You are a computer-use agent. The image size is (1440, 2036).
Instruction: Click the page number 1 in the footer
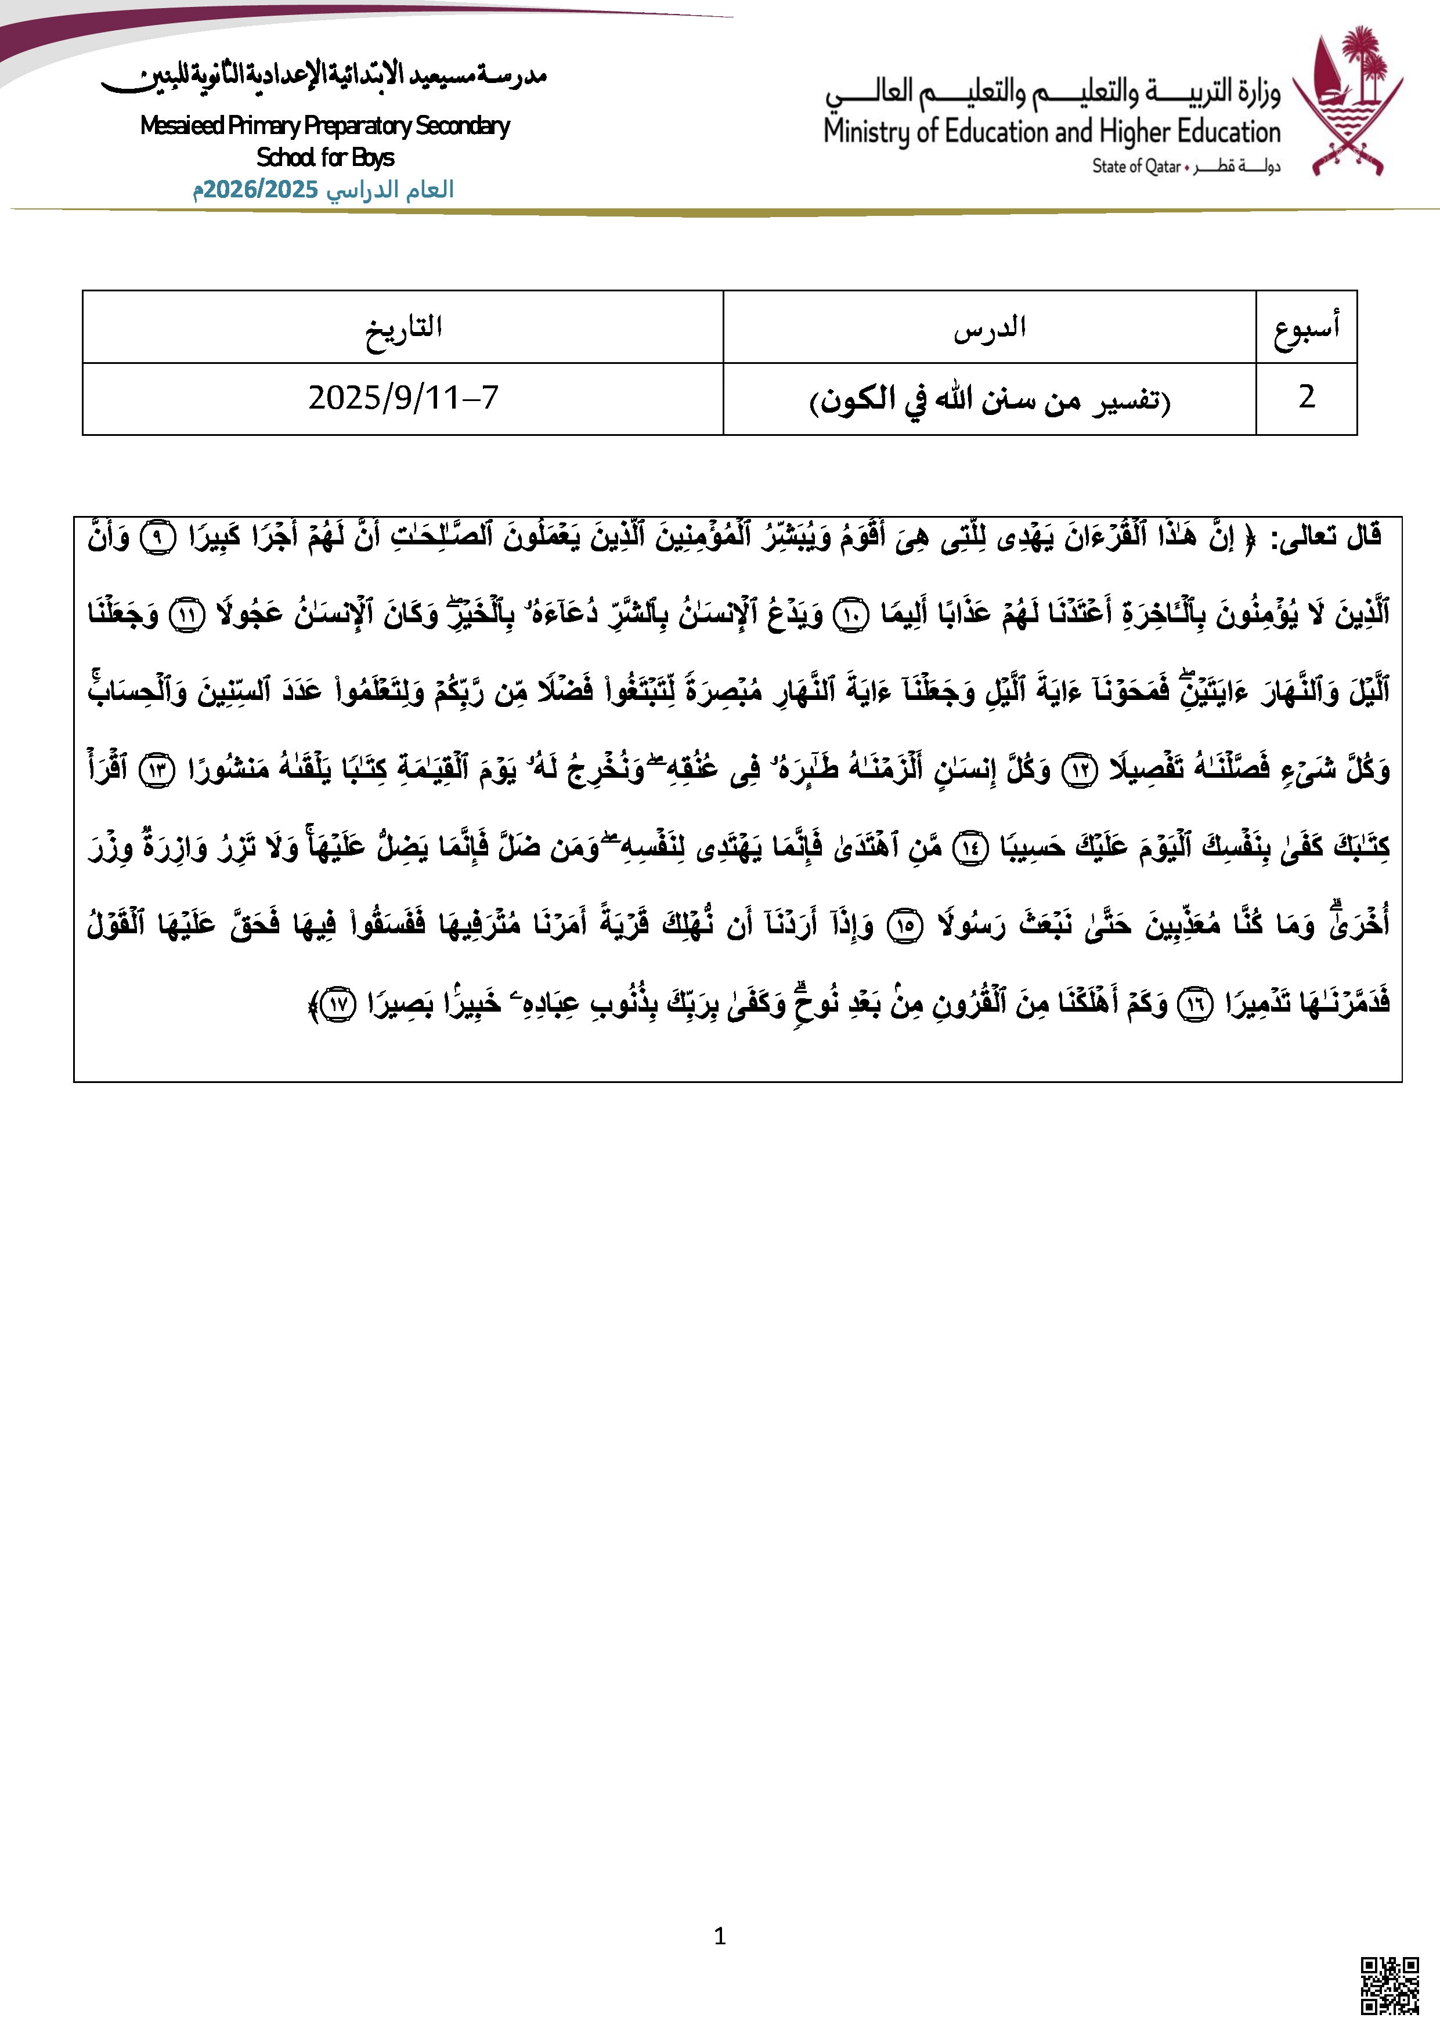click(x=719, y=1936)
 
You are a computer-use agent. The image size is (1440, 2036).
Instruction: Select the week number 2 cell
click(x=1306, y=398)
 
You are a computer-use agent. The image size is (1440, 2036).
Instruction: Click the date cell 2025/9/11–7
click(x=403, y=398)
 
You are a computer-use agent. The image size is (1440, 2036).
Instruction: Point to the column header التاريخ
click(x=403, y=327)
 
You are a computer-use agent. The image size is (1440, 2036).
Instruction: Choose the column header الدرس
click(x=990, y=327)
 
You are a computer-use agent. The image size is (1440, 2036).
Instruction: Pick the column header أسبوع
click(x=1306, y=327)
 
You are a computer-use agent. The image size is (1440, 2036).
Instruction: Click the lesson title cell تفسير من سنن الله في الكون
click(x=990, y=400)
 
